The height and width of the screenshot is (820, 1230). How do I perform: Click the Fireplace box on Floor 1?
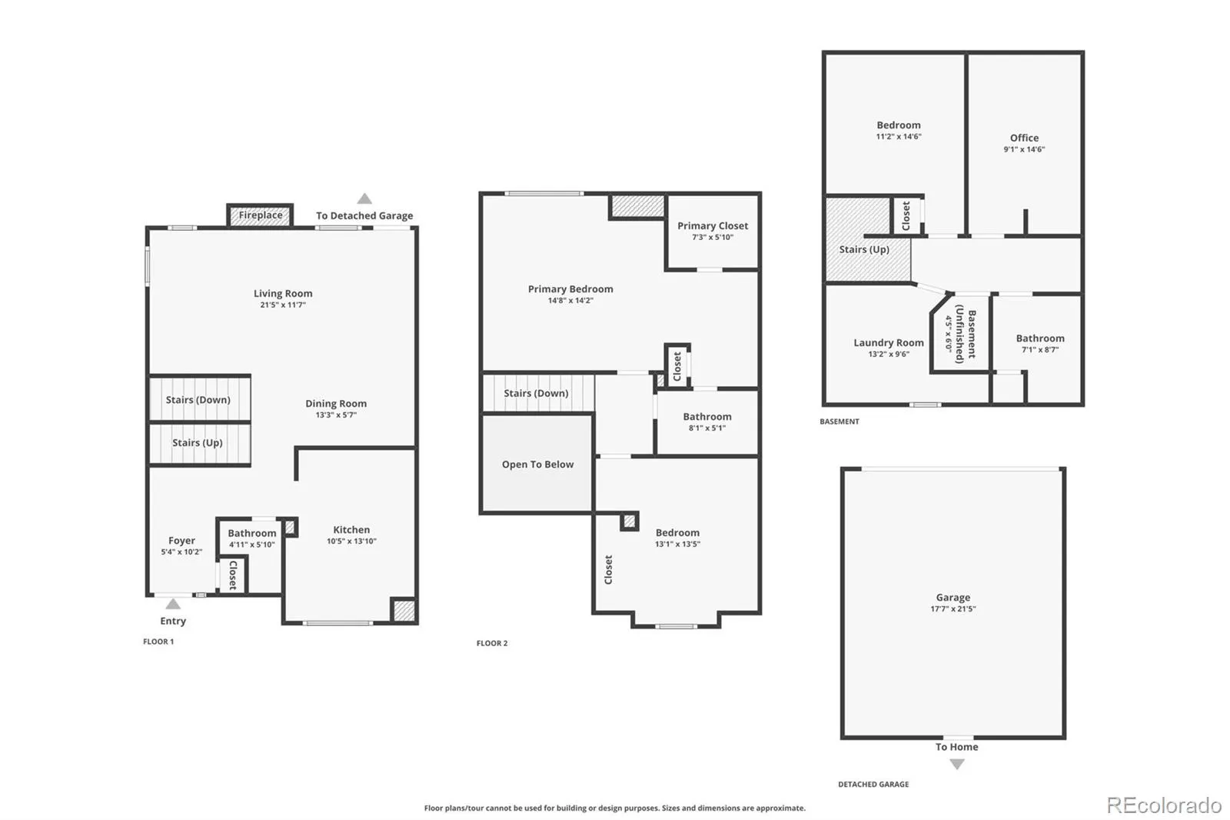(260, 215)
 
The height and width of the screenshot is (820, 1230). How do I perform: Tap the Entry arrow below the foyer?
(173, 604)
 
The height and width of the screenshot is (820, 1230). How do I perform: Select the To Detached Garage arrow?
(364, 199)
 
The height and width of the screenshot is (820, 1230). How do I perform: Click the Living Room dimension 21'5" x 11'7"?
(283, 305)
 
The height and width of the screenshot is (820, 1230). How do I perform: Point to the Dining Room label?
(336, 404)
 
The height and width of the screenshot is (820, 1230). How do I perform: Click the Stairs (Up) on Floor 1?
(198, 443)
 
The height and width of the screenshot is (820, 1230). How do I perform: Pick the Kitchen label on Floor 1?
(351, 530)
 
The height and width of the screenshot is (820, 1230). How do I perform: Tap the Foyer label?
(181, 541)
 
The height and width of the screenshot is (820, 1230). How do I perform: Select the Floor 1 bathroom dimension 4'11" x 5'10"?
(251, 545)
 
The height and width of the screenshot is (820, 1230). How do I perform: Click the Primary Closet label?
(713, 226)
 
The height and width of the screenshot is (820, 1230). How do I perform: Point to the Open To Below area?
(537, 465)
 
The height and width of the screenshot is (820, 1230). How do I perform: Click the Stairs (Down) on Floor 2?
(536, 393)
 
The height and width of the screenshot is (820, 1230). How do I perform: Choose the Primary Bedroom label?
(570, 289)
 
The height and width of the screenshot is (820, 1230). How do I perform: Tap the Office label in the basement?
(1024, 138)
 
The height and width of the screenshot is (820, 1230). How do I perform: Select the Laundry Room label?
(889, 343)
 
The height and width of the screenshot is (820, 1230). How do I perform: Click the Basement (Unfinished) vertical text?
(966, 334)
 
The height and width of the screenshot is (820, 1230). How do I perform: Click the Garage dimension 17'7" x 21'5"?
(953, 609)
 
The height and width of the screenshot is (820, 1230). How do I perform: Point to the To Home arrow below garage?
(956, 764)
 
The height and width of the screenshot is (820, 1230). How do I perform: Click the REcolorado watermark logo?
(1164, 805)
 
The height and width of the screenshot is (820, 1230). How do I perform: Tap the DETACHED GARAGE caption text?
(873, 785)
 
